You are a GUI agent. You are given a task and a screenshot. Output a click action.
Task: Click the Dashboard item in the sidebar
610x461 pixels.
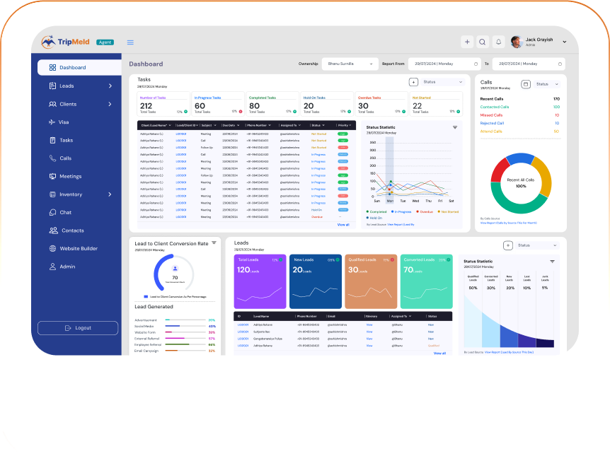point(72,68)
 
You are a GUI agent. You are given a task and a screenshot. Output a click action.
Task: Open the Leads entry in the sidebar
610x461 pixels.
point(67,86)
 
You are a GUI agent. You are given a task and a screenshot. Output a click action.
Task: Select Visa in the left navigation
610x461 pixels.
point(64,122)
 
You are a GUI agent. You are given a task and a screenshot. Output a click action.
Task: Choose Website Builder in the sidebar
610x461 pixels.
point(79,249)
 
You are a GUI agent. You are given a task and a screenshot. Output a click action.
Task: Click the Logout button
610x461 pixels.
point(78,328)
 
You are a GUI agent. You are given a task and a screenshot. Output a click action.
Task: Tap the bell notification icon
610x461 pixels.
point(498,42)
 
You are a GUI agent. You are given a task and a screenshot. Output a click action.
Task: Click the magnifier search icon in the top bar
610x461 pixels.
point(483,42)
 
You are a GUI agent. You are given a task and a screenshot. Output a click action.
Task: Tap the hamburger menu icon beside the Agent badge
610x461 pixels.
point(130,42)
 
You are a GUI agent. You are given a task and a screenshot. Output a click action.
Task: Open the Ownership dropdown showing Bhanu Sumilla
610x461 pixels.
point(350,64)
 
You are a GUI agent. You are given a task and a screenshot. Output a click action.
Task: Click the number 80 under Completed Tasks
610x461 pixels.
point(254,106)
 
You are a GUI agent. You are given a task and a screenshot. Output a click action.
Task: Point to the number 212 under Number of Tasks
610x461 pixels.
point(146,106)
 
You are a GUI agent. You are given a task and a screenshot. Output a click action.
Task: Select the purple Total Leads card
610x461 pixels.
point(260,281)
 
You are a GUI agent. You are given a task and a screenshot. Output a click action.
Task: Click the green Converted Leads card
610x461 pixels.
point(426,281)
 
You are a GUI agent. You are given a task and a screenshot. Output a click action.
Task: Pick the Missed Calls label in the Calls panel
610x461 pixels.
point(491,115)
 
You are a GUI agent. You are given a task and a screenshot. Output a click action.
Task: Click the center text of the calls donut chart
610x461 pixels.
point(521,183)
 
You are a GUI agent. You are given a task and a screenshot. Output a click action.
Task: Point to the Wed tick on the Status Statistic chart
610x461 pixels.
point(415,201)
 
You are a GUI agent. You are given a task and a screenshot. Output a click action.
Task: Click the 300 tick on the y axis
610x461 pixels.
point(373,141)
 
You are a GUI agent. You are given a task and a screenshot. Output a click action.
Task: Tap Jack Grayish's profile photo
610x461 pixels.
point(517,42)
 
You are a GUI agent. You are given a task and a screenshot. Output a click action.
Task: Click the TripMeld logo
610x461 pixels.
point(66,42)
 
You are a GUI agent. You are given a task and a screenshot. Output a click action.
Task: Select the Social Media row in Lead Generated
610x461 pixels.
point(146,327)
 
